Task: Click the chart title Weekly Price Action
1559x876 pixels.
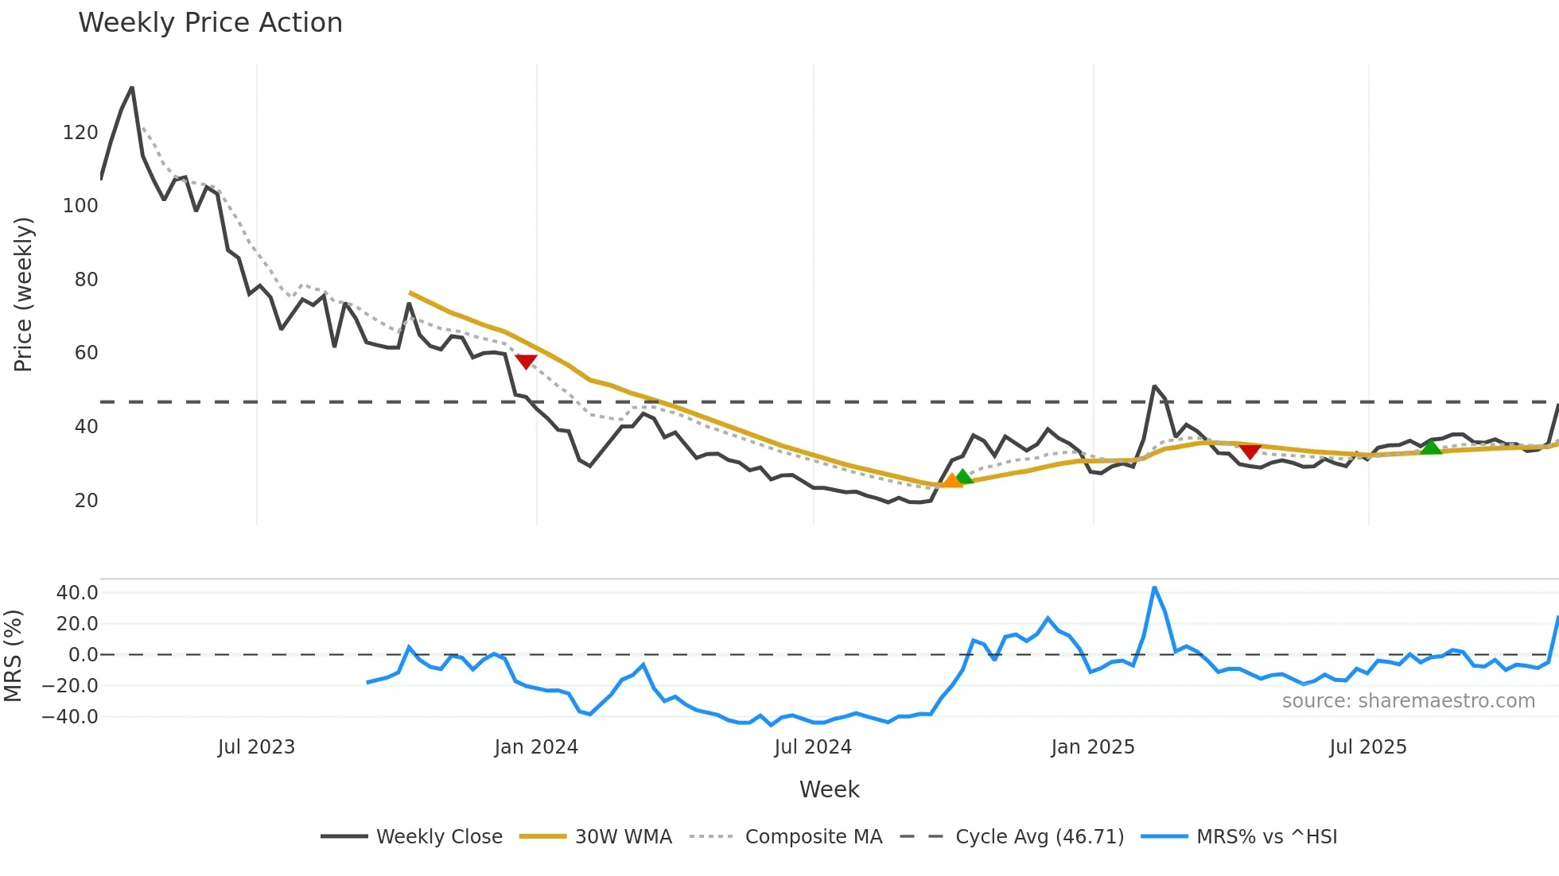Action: click(210, 23)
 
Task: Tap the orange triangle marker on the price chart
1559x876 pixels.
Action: click(951, 480)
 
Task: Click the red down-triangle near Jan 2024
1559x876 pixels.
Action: click(526, 362)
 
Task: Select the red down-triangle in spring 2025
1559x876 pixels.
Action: click(1250, 452)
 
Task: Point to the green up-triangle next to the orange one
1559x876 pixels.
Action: click(964, 476)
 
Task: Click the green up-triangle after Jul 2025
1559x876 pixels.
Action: click(1431, 448)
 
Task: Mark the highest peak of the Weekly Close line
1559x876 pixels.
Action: click(132, 88)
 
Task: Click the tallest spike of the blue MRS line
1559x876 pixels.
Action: click(1154, 588)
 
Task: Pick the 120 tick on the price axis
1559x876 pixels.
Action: click(80, 133)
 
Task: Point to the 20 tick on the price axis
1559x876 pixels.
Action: click(86, 501)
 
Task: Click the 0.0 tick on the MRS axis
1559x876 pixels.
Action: click(83, 655)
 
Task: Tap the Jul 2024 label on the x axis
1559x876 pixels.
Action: click(813, 747)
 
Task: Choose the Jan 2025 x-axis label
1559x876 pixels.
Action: click(1092, 747)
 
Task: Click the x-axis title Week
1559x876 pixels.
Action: click(829, 789)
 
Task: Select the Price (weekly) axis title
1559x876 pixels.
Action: click(23, 294)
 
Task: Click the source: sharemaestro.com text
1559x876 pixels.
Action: click(1408, 701)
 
